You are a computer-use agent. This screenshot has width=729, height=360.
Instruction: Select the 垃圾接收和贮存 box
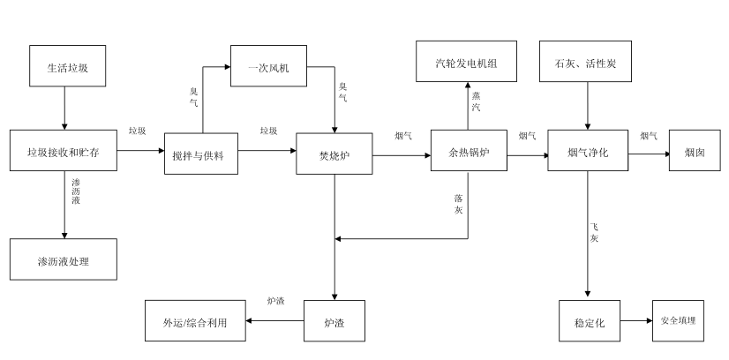click(64, 153)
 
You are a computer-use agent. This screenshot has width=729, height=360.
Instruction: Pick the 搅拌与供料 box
click(200, 153)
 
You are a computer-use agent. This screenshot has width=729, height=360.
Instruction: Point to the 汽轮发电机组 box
click(466, 64)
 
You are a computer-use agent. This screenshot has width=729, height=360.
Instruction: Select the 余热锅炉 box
click(466, 153)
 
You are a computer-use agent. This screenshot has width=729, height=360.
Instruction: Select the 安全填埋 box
click(678, 321)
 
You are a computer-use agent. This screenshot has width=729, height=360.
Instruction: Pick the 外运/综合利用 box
click(196, 322)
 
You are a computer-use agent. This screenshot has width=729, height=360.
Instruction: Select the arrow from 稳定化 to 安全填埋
click(635, 322)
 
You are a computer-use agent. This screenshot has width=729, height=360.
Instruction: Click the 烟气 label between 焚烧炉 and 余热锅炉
click(402, 135)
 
